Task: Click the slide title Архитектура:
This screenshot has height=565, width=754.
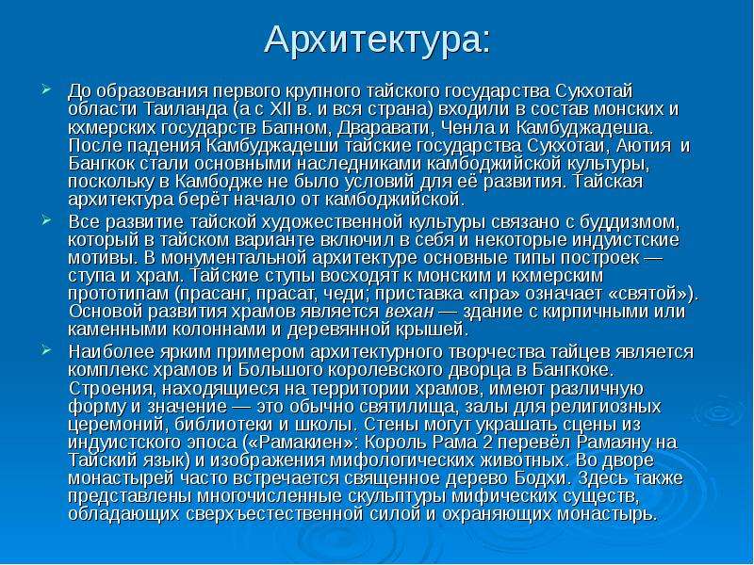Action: (x=378, y=40)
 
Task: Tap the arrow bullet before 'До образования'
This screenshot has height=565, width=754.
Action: (x=46, y=89)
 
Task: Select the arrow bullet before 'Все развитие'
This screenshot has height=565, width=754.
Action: (x=46, y=220)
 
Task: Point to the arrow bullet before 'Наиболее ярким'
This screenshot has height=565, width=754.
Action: (x=46, y=350)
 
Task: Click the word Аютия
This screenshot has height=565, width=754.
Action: (x=644, y=146)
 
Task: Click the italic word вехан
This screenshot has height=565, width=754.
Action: (x=409, y=312)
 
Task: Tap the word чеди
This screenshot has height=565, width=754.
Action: (x=350, y=294)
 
